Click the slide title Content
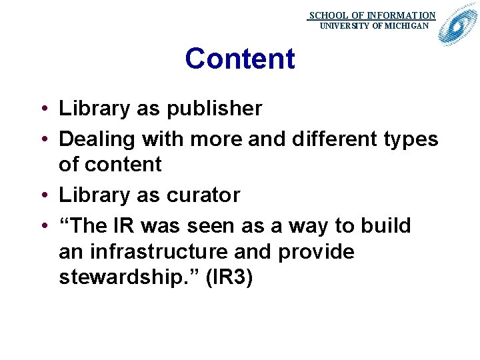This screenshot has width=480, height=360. point(239,59)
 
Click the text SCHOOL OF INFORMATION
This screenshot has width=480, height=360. point(372,15)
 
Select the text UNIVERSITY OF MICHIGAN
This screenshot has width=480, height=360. point(375,26)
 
